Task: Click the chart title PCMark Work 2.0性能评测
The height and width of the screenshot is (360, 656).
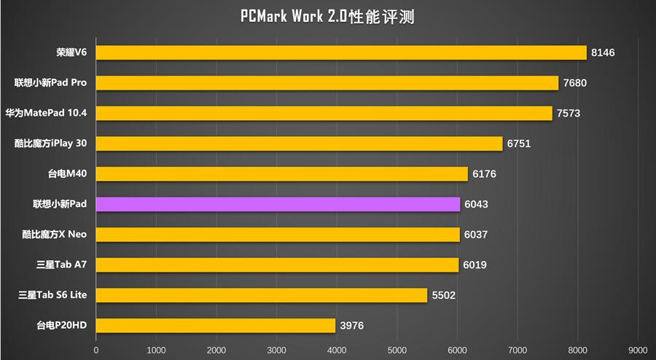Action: coord(327,17)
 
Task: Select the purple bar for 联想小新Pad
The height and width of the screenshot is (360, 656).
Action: coord(278,204)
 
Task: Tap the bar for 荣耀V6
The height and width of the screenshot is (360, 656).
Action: coord(341,52)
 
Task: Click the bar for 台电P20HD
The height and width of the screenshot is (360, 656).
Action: coord(216,325)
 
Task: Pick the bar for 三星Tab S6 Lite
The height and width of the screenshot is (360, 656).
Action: coord(262,295)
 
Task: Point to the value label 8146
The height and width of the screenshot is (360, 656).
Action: coord(604,52)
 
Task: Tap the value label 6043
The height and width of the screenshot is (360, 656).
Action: coord(476,204)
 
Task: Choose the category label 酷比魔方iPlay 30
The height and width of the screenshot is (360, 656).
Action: coord(50,144)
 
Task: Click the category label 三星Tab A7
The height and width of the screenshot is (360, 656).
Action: coord(61,265)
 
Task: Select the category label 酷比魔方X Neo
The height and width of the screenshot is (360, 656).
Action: coord(55,235)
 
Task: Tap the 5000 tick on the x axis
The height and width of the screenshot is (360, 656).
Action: coord(397,350)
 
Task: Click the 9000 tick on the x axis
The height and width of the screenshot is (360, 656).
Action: coord(638,350)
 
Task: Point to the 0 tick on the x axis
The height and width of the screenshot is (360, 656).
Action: coord(96,350)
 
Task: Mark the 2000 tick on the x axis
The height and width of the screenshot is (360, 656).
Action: coord(216,350)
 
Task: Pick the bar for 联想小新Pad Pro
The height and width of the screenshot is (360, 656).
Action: coord(327,83)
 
